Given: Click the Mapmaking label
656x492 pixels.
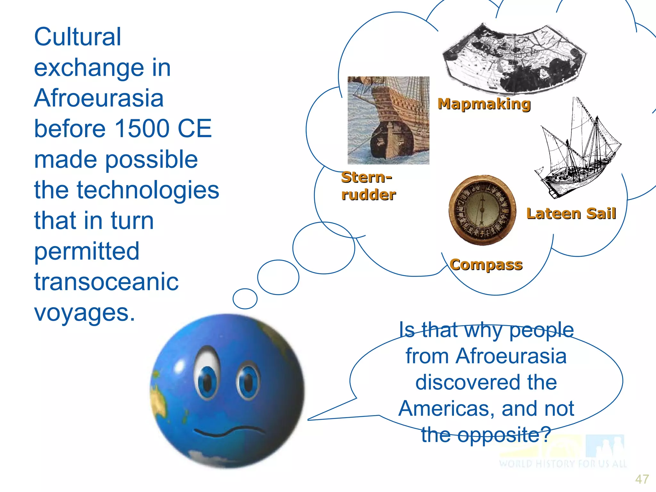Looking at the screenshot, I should [x=484, y=104].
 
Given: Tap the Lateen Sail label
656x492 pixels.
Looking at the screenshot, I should [x=571, y=214].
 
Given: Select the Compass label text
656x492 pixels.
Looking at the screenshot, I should [x=486, y=265].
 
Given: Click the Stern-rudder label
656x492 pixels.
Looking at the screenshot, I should [x=368, y=186].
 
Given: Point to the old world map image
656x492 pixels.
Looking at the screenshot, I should [x=514, y=60].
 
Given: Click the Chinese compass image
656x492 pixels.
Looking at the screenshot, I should [x=482, y=210].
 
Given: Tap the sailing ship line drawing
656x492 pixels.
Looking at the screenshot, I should [x=577, y=151].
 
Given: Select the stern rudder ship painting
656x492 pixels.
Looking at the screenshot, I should [x=388, y=120].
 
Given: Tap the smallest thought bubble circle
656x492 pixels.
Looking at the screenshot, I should [x=245, y=299].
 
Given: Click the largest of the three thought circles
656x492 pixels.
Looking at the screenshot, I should [x=324, y=248].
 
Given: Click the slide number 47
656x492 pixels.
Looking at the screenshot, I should [x=642, y=479].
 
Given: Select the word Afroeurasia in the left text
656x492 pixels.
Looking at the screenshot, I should [x=99, y=98].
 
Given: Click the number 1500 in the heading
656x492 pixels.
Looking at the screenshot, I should [x=142, y=129].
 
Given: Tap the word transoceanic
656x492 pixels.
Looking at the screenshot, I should [x=106, y=282].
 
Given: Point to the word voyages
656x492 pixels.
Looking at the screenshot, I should [x=85, y=313].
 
